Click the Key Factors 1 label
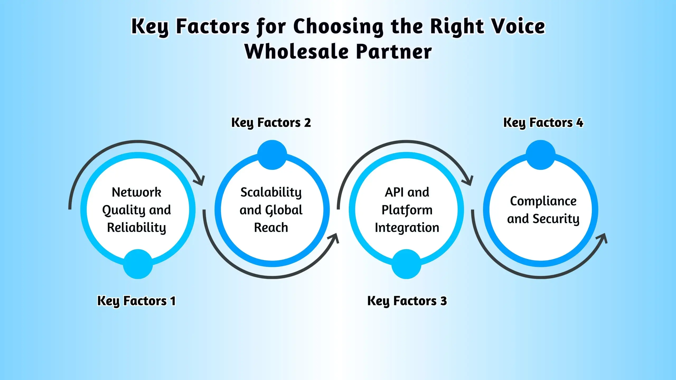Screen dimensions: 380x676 point(136,301)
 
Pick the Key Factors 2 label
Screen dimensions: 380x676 point(271,123)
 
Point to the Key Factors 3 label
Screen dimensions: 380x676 point(407,301)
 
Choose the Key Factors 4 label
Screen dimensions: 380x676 point(543,123)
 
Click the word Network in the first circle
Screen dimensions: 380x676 point(136,192)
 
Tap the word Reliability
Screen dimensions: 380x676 point(136,227)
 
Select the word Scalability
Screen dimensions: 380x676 point(271,192)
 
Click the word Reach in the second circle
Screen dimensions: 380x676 point(271,227)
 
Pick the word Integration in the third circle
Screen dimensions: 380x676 point(407,227)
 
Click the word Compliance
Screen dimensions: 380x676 point(543,201)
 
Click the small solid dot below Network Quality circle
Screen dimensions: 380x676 point(138,264)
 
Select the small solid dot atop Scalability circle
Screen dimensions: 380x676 point(272,155)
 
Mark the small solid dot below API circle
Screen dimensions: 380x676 point(406,264)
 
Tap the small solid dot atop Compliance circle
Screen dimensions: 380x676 point(541,155)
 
